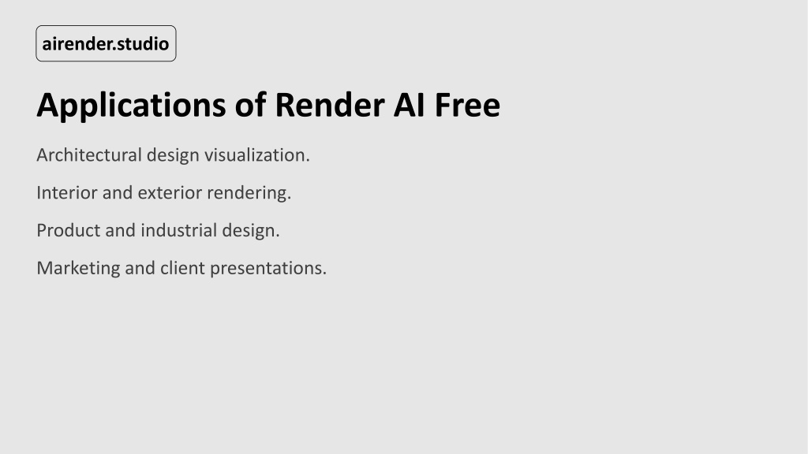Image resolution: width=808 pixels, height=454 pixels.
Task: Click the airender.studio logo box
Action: point(106,43)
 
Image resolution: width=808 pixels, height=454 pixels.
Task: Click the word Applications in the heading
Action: point(132,106)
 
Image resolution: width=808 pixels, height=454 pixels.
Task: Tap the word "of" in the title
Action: point(250,105)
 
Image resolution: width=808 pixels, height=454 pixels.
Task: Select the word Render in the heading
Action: point(330,105)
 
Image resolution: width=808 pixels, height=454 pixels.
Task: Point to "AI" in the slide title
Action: point(410,105)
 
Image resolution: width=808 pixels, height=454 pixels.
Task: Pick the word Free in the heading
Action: point(467,105)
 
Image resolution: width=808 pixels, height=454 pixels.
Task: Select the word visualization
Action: point(257,155)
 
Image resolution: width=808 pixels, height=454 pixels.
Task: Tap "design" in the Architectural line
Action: point(173,156)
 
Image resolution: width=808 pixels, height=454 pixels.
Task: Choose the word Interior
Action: point(67,192)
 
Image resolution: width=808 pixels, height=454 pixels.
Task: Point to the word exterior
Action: point(170,193)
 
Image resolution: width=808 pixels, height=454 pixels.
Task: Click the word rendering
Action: point(249,194)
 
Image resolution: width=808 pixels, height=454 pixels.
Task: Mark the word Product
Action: point(69,230)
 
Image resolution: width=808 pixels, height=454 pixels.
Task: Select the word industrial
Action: point(179,230)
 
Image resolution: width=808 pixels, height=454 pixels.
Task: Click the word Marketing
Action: point(78,269)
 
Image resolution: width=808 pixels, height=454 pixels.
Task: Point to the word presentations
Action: point(268,269)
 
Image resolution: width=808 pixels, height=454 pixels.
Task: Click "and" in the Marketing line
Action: point(140,268)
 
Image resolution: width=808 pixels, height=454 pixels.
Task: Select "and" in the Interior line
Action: point(118,192)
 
